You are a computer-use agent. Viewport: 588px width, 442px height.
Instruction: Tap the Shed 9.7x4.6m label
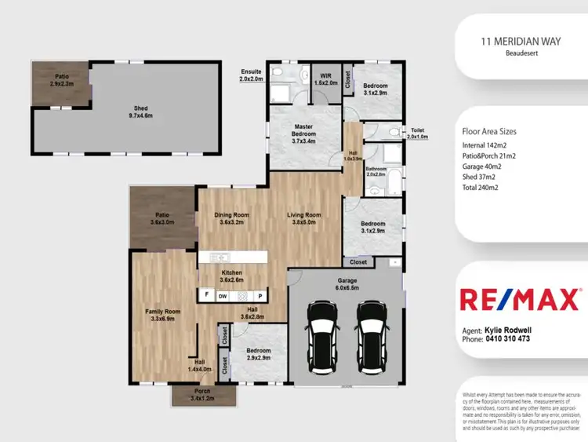coord(142,112)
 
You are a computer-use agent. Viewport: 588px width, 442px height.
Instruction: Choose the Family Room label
coord(163,315)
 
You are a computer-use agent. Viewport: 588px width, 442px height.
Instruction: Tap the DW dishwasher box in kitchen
coord(223,296)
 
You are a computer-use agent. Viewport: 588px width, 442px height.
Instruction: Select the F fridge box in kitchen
coord(206,296)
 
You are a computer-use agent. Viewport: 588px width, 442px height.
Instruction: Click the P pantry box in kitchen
coord(260,296)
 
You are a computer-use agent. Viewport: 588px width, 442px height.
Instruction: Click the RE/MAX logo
coord(520,300)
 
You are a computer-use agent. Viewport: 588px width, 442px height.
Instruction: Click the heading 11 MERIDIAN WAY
coord(521,44)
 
